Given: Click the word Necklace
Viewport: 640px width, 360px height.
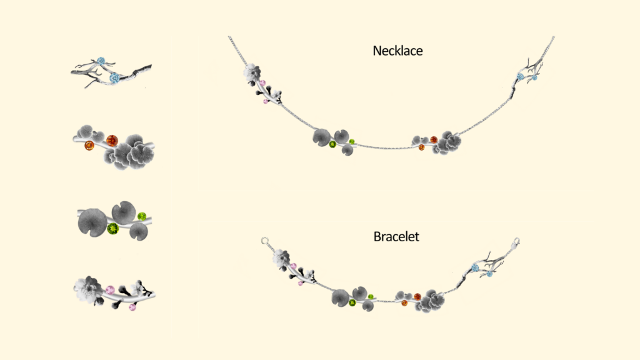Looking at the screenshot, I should [x=397, y=51].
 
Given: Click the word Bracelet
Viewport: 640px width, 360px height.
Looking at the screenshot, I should [x=396, y=237].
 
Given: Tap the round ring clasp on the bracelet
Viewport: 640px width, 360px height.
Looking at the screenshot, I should [x=264, y=240].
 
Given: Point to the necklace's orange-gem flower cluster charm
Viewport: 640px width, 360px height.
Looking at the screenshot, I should [x=441, y=142].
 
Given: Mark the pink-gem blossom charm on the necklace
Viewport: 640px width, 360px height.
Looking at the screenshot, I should [x=261, y=84].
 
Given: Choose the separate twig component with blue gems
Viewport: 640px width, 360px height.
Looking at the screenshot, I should [x=111, y=72].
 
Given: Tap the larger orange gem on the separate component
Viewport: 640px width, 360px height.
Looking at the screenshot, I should [x=112, y=140].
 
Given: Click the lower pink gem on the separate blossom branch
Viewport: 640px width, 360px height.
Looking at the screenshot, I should [x=132, y=307].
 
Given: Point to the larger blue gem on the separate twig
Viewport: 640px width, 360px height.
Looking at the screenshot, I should [x=115, y=78].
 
